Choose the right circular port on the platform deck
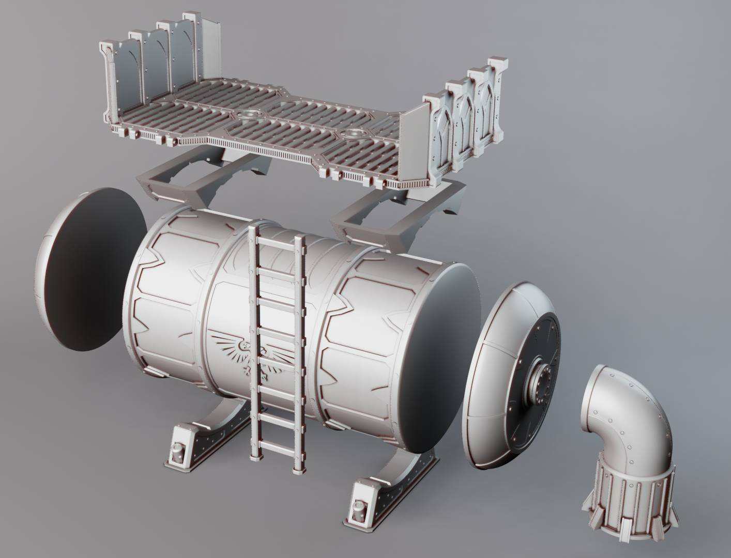[355, 134]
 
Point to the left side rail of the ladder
[253, 341]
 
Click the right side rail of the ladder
[299, 351]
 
